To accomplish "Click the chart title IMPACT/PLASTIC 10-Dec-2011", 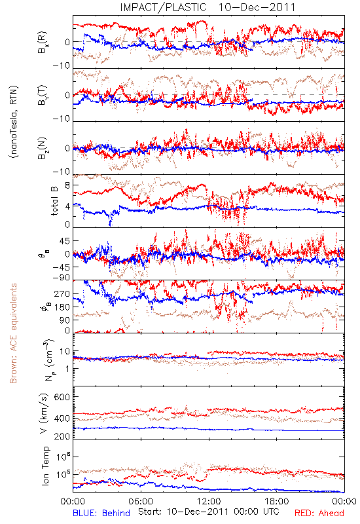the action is pos(207,7).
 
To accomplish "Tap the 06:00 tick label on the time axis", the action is pos(141,501).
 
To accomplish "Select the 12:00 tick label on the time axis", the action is pos(209,501).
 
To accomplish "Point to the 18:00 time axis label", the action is pos(277,501).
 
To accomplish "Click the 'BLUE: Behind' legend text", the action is pos(101,513).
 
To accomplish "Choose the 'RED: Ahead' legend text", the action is pos(319,513).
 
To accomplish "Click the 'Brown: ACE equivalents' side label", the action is pos(13,333).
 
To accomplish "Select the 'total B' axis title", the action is pos(54,200).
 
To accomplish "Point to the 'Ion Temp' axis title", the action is pos(46,466).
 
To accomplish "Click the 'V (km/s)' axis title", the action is pos(44,414).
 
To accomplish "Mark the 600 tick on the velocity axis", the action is pos(62,397).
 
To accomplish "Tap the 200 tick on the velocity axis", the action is pos(62,436).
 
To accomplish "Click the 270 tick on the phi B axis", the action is pos(62,293).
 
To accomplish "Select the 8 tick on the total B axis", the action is pos(67,185).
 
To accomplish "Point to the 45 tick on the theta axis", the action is pos(65,240).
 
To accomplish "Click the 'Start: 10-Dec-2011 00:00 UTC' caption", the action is pos(209,512).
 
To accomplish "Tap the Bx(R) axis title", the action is pos(43,43).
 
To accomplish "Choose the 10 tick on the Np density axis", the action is pos(65,352).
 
